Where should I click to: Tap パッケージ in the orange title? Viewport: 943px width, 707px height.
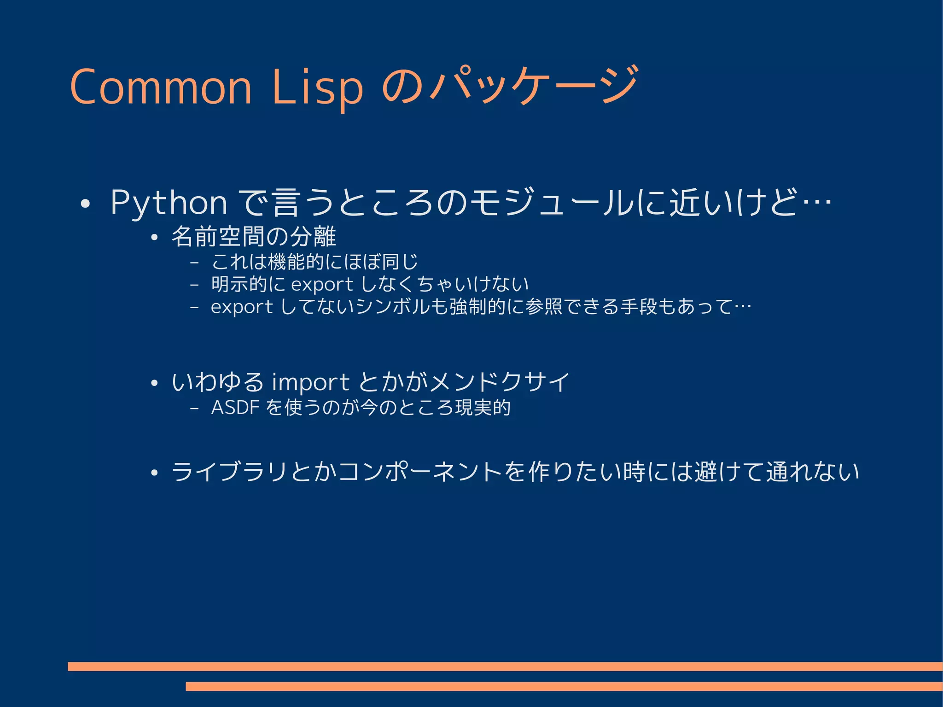click(534, 85)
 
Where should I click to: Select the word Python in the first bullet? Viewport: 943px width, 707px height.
click(169, 203)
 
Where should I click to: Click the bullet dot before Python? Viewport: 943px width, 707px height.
click(84, 204)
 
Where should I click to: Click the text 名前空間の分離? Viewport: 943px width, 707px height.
click(254, 237)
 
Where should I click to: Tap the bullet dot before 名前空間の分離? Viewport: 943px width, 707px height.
click(154, 238)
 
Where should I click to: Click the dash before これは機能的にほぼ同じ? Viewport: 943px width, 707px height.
click(194, 263)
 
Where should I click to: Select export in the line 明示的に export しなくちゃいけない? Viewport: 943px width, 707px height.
click(322, 285)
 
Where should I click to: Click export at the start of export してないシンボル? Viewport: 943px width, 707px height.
click(242, 307)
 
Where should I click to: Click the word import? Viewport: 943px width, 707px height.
click(310, 383)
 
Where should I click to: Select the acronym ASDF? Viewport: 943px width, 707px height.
click(235, 408)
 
